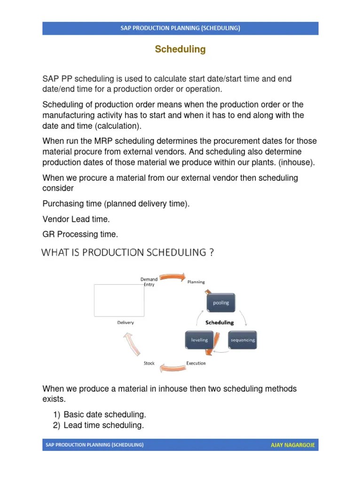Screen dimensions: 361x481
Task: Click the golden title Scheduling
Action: tap(180, 49)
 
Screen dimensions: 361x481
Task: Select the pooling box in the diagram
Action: tap(220, 303)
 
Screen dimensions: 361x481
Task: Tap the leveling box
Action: tap(199, 340)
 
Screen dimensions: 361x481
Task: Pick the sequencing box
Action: tap(243, 340)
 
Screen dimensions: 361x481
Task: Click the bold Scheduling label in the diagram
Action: tap(220, 323)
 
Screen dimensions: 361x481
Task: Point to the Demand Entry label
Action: tap(149, 282)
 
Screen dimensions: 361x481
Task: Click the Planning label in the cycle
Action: tap(196, 282)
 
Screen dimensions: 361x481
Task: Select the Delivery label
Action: tap(126, 323)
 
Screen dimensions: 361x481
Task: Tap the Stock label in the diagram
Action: tap(149, 363)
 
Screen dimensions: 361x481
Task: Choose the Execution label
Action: tap(196, 363)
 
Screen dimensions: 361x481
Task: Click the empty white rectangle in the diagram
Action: tap(119, 300)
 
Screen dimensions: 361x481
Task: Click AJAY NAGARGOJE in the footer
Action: tap(292, 444)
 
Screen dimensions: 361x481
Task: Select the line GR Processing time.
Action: tap(80, 234)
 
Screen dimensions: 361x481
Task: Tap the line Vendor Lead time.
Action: tap(76, 219)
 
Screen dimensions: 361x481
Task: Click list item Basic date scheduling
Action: tap(105, 414)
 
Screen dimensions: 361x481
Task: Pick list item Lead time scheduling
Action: tap(103, 425)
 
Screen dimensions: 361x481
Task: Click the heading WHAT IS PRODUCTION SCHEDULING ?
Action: tap(128, 253)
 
